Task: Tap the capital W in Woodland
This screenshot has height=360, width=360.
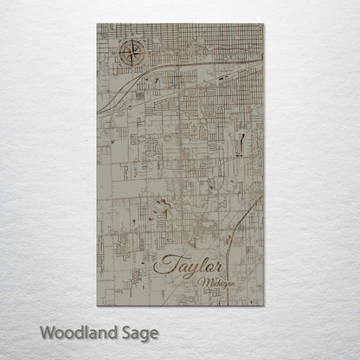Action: pyautogui.click(x=45, y=332)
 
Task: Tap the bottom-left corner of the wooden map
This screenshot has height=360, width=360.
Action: pyautogui.click(x=97, y=306)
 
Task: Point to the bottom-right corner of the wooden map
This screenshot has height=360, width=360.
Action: pyautogui.click(x=263, y=306)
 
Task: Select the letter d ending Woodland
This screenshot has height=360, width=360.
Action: pyautogui.click(x=115, y=332)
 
